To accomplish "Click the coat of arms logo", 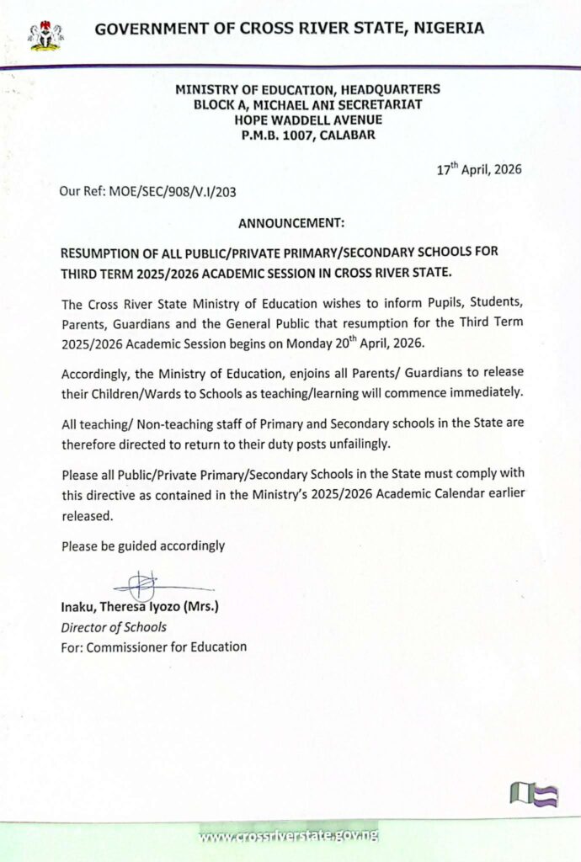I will pos(46,34).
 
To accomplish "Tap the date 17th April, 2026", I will pos(479,168).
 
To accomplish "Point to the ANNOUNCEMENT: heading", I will pos(291,224).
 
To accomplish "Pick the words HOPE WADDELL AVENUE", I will pos(307,120).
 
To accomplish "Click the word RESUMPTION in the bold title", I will pos(105,253).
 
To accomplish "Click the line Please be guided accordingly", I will pos(143,545).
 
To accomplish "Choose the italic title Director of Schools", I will pos(114,626).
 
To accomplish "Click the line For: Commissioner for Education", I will pos(154,646).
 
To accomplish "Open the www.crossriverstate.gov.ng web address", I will pos(289,835).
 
